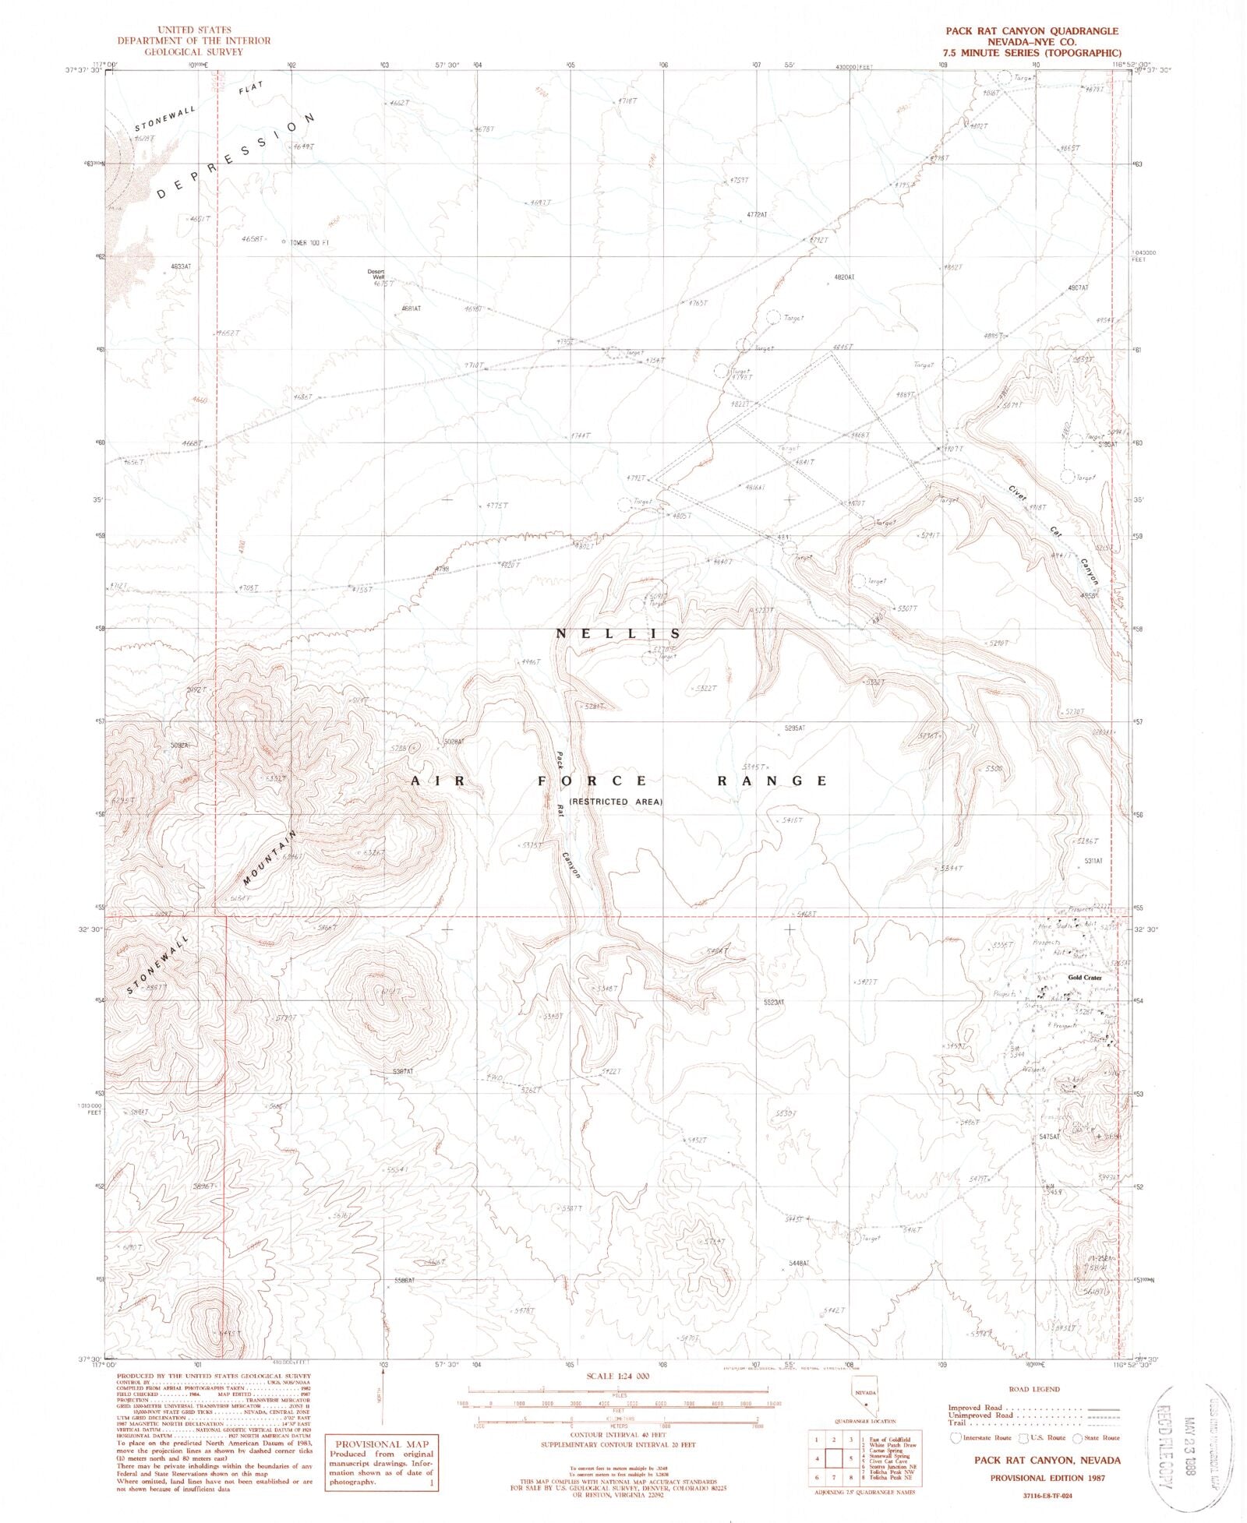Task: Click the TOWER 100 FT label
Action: tap(309, 242)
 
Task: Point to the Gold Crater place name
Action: tap(1084, 978)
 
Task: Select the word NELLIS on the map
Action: tap(618, 633)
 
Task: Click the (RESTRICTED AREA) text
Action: tap(616, 802)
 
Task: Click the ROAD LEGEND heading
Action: tap(1033, 1389)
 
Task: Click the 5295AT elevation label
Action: tap(790, 728)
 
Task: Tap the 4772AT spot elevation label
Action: tap(756, 214)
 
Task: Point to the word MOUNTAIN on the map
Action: tap(270, 859)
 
